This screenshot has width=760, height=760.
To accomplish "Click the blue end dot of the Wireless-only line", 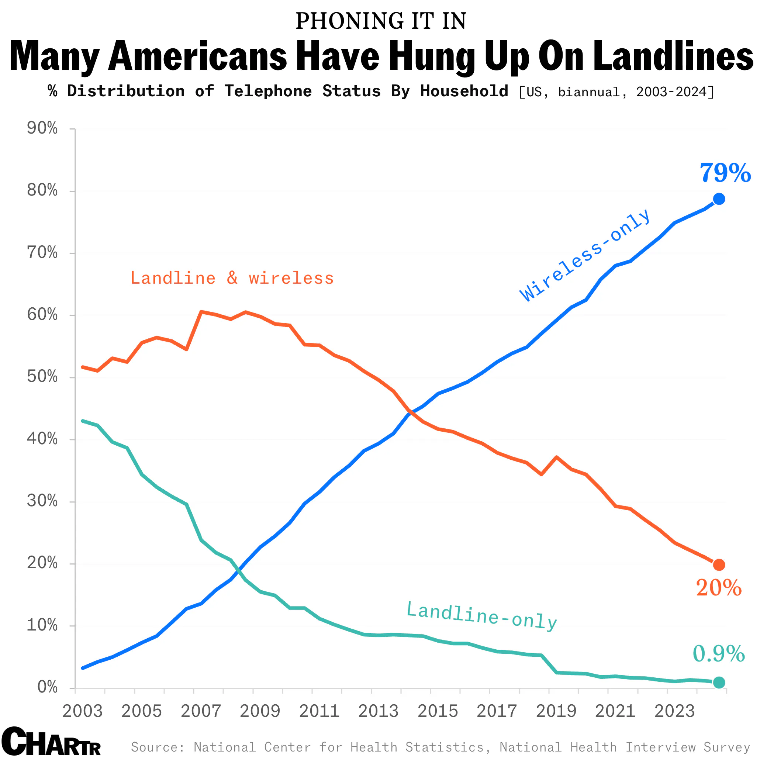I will click(719, 199).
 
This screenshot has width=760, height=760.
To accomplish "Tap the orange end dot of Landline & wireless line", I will click(719, 565).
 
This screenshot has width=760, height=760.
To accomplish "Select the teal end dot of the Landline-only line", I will click(719, 683).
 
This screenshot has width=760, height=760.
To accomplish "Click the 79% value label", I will click(725, 173).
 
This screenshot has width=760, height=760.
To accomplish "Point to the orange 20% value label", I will click(719, 588).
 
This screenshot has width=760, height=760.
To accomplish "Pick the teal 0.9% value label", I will click(719, 654).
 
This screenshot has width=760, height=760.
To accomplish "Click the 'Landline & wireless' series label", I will click(232, 278).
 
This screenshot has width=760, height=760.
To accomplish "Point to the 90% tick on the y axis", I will click(42, 128).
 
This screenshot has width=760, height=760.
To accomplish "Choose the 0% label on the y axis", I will click(47, 687).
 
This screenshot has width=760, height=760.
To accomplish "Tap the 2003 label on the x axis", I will click(83, 711).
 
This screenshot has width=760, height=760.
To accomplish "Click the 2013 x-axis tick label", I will click(379, 711).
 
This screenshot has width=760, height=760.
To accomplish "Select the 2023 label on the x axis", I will click(675, 711).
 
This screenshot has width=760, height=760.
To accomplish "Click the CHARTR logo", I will click(51, 742).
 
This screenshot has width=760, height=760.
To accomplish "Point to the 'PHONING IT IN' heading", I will click(380, 21).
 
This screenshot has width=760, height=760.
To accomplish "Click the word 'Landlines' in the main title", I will click(673, 56).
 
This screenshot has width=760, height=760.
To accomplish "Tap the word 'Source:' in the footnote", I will click(158, 747).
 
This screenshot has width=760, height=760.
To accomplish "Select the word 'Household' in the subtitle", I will click(464, 91).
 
